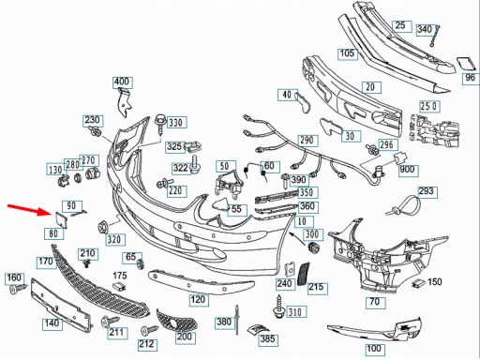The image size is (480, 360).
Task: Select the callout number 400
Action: click(123, 82)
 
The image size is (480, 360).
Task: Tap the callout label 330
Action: click(177, 123)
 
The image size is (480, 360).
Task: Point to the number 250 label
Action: click(428, 107)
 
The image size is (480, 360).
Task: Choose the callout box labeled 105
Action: click(347, 53)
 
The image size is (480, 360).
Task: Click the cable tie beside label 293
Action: click(404, 205)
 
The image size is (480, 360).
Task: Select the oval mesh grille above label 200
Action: click(176, 321)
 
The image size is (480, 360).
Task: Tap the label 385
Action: click(267, 339)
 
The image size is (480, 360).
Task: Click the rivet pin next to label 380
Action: click(236, 320)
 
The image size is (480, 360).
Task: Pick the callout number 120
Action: click(198, 300)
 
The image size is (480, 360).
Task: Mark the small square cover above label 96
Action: click(466, 65)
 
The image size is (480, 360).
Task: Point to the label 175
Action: click(120, 276)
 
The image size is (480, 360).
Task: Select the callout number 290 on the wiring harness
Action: click(307, 141)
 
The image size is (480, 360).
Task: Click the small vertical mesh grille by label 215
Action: click(303, 274)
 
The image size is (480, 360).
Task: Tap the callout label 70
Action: click(376, 302)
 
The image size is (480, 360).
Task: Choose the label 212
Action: click(147, 344)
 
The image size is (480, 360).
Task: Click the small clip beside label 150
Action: click(417, 283)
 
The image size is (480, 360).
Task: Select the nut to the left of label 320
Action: click(103, 227)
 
